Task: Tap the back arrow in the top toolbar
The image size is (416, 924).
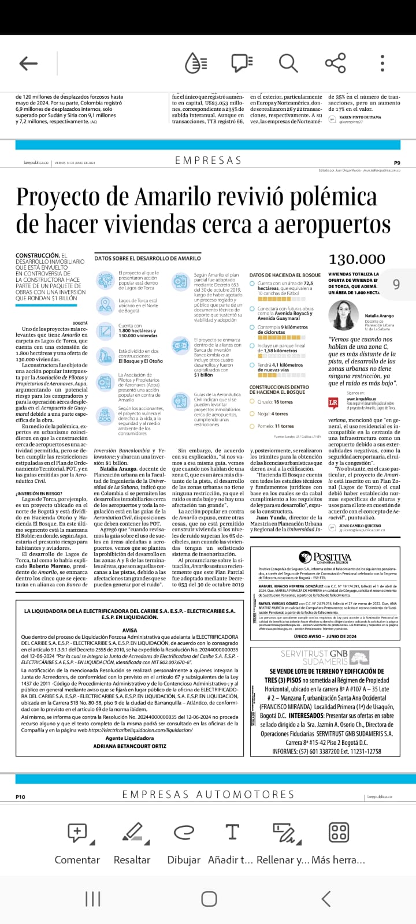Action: coord(28,64)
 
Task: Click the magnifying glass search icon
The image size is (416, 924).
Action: coord(288,63)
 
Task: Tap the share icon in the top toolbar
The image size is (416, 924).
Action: coord(335,63)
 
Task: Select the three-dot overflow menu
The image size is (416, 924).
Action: coord(382,63)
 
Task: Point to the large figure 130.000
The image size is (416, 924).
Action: coord(356,259)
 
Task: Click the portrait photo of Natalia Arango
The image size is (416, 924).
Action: coord(344,315)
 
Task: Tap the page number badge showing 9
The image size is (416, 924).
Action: coord(396,284)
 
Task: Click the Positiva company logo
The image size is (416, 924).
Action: coord(324,557)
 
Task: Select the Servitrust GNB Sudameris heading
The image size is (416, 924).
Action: coord(324,657)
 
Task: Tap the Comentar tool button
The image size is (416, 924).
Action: coord(77,843)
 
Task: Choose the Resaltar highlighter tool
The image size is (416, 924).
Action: coord(132,843)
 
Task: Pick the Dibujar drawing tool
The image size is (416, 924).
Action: coord(184,843)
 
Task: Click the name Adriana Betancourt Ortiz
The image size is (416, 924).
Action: coord(129,746)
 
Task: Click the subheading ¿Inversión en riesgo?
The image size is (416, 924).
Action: coord(39,493)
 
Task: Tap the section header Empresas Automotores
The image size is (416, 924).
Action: coord(208,795)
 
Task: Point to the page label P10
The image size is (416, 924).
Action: coord(20,797)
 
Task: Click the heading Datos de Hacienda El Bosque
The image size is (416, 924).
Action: coord(285,275)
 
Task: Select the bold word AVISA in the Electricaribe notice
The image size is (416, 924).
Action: coord(130,630)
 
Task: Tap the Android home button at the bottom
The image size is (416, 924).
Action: coord(209,899)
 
